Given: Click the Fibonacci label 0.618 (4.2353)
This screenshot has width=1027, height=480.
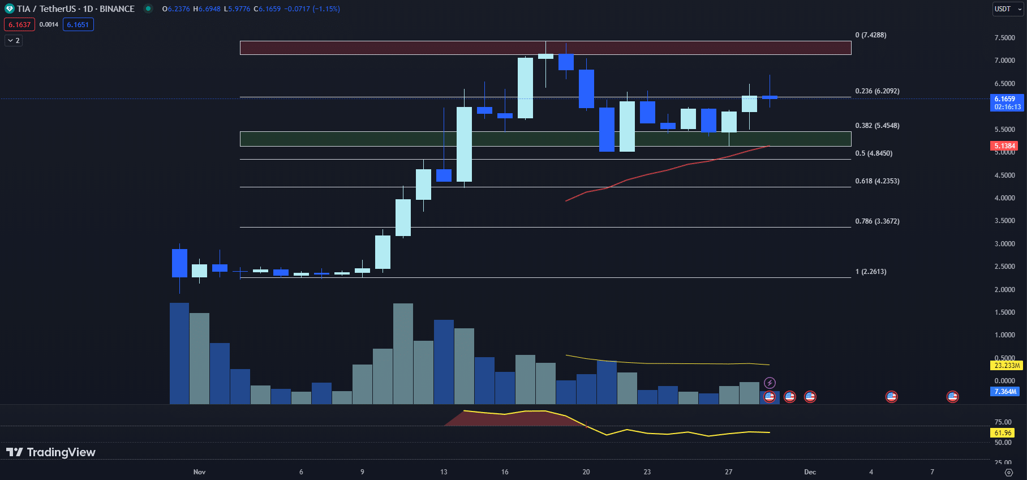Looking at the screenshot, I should pos(877,181).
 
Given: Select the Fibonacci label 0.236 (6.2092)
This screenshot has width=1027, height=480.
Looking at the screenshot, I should pos(877,91).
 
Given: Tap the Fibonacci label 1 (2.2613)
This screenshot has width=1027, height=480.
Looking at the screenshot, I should pos(871,272).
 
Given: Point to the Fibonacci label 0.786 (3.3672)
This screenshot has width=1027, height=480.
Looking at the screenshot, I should pos(877,221).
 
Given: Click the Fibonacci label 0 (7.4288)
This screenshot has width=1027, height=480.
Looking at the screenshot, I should pos(871,35).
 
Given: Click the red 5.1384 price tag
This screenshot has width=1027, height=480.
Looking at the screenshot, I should pos(1005,146).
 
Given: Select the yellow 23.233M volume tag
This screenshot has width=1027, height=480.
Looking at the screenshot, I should pos(1007,366).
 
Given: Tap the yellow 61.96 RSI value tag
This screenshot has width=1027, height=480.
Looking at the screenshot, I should pos(1003,433).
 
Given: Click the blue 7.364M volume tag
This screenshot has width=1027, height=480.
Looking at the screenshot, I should pos(1005,392).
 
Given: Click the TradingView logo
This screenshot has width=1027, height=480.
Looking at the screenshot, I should pos(51,452).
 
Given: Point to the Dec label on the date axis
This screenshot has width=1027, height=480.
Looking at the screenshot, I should pos(810,472).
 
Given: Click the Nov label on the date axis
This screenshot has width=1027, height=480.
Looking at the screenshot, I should pos(199,472).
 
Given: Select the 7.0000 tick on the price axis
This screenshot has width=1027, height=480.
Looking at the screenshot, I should pos(1004,61).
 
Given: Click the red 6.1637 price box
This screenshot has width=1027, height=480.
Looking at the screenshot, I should pos(20,25).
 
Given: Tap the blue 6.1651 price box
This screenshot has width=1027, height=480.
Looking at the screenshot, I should pos(78,25).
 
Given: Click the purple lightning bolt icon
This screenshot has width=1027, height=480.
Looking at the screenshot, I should pos(770,383).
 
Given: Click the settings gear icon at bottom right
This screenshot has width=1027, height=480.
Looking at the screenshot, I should pos(1008,472).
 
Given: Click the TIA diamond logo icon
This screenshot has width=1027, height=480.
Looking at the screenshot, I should pos(9,9).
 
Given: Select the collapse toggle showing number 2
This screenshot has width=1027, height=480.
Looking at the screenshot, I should pos(14,41).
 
